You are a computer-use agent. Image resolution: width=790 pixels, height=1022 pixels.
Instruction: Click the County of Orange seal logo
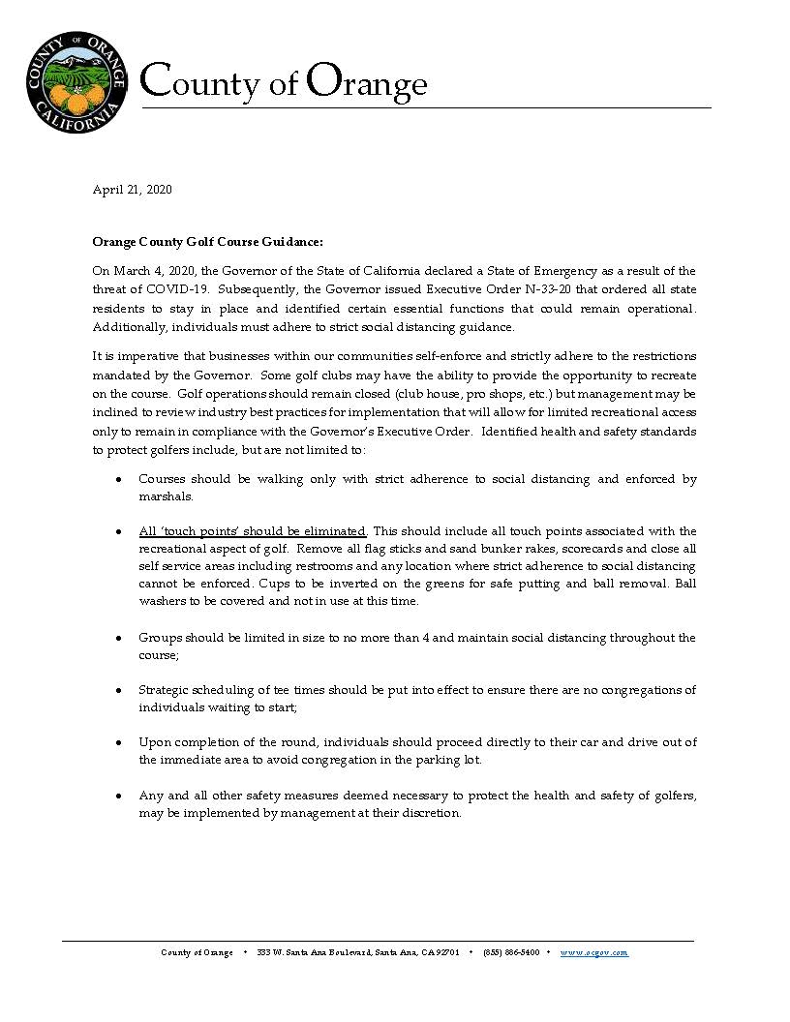(x=76, y=82)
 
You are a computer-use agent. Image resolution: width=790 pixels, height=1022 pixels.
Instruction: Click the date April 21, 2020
(x=132, y=190)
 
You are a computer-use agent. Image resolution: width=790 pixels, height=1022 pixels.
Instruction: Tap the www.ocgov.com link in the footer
(x=594, y=952)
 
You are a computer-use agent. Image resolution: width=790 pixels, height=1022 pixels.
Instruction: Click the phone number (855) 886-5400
(x=511, y=952)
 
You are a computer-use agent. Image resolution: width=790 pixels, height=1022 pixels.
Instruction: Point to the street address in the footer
(x=358, y=952)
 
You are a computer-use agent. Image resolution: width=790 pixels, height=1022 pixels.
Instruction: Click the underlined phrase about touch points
(x=253, y=531)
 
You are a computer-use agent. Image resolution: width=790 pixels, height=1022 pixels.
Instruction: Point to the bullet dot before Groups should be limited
(x=118, y=639)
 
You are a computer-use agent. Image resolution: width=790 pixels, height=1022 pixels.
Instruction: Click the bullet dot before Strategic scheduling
(x=118, y=691)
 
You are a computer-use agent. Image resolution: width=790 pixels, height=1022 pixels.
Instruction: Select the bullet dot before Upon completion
(x=118, y=743)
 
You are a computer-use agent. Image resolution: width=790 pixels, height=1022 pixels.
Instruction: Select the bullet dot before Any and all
(x=118, y=796)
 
